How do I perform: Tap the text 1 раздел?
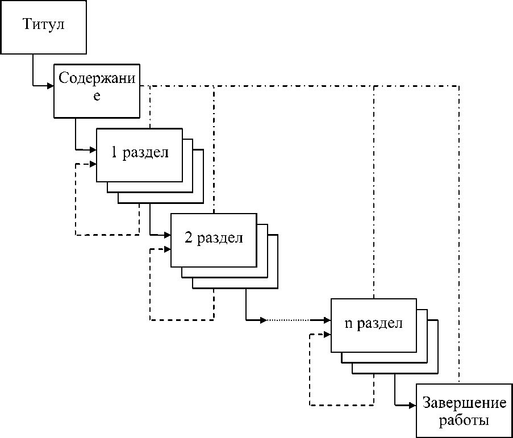point(140,154)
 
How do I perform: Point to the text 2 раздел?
point(214,239)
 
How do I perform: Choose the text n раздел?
point(374,323)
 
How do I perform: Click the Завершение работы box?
point(464,411)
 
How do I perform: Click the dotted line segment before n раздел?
point(295,320)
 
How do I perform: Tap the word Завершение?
point(464,403)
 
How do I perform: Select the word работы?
point(464,420)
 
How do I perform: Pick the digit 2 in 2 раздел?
point(188,239)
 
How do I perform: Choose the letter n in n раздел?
point(348,324)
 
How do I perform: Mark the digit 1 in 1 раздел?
point(115,154)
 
